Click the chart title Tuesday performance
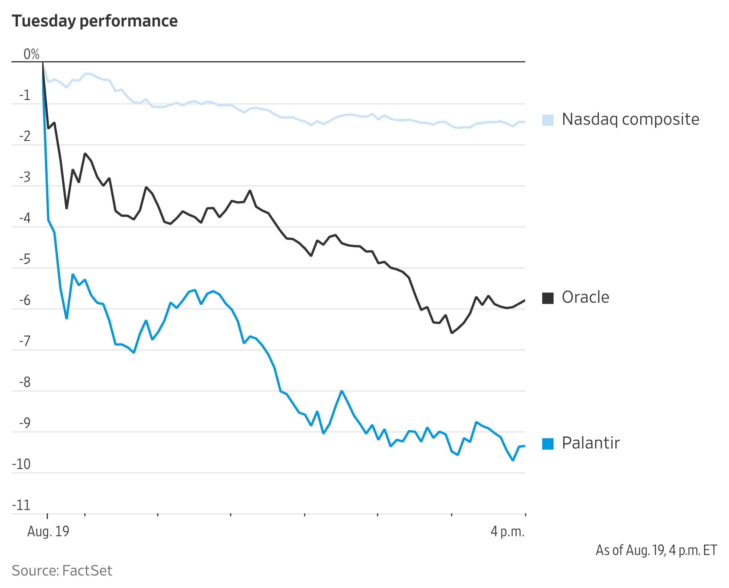(x=95, y=21)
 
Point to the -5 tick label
(x=25, y=259)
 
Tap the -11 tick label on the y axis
(x=21, y=505)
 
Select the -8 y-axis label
(x=25, y=382)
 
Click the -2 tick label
(x=25, y=136)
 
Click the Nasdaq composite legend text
(x=630, y=119)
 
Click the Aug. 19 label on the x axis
(x=48, y=531)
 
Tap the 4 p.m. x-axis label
(x=507, y=531)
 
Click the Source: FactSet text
(x=62, y=571)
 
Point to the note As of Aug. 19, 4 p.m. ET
(x=656, y=550)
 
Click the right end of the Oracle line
(x=524, y=300)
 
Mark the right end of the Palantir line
(x=524, y=446)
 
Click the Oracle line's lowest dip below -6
(x=452, y=333)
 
